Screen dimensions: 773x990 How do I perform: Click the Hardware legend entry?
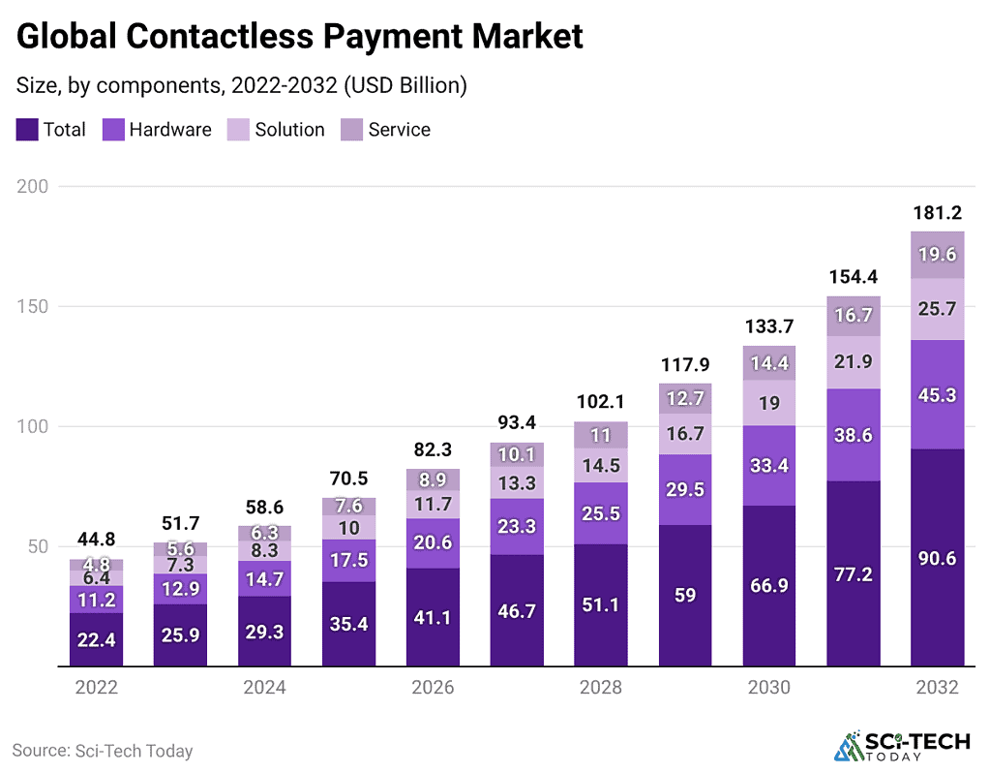[157, 130]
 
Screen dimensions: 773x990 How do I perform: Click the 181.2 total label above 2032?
[937, 212]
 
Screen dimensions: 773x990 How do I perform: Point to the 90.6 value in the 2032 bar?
[937, 559]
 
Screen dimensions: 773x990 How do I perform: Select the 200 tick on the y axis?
[35, 186]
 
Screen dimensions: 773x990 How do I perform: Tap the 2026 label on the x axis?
[433, 688]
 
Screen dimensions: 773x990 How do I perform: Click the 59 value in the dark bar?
[684, 597]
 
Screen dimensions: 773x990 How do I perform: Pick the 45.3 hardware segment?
[937, 394]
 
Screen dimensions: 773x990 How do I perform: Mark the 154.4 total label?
[853, 276]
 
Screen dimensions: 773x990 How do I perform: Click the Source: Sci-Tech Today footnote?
[103, 751]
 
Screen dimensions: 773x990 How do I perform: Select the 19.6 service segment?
[937, 255]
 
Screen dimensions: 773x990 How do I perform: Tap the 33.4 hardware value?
[768, 466]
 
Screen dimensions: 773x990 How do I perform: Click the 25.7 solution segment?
[937, 309]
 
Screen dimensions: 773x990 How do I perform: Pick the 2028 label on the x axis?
[600, 688]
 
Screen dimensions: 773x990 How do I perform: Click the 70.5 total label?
[348, 478]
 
